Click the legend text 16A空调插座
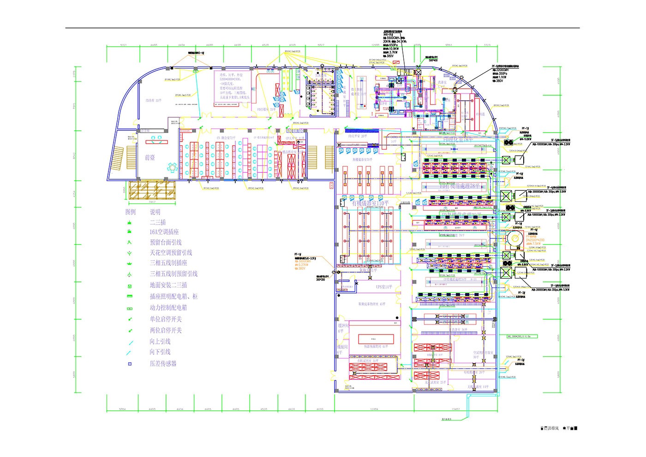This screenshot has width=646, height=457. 164,232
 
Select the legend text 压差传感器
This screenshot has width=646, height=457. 163,364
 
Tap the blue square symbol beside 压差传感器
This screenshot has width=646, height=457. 130,364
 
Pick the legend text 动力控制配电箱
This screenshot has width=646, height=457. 168,308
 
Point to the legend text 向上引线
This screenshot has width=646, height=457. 160,341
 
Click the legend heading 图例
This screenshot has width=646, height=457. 131,212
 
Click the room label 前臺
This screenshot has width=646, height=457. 150,158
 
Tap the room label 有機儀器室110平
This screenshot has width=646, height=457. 370,203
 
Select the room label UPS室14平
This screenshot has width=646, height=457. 384,287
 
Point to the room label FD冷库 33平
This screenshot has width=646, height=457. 154,100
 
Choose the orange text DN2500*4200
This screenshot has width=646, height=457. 535,240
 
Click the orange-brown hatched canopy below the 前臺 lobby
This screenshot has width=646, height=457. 152,190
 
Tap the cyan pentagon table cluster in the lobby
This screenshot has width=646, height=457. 173,166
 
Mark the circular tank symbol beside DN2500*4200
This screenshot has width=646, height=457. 514,238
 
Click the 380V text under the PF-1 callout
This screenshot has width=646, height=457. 302,268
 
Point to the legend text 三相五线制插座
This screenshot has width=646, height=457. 168,263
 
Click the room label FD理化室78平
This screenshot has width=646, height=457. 458,140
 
